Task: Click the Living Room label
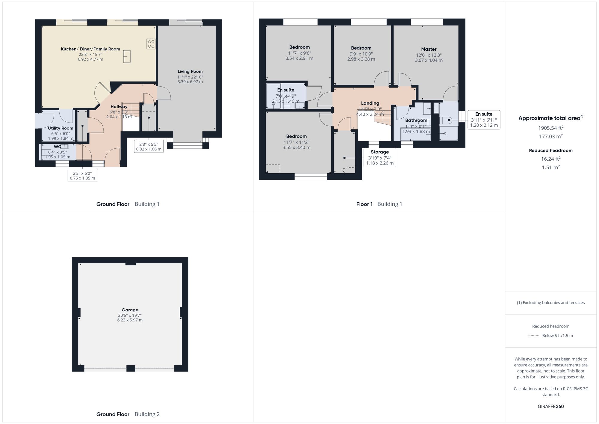point(190,71)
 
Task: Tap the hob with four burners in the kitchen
point(151,44)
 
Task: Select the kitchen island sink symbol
point(127,56)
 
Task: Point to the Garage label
point(130,310)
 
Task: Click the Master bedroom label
point(429,49)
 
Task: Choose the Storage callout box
point(379,158)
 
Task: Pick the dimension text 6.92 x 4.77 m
point(90,59)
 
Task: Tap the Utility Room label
point(60,128)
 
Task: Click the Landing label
point(370,103)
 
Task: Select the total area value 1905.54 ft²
point(550,128)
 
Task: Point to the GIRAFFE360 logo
point(550,406)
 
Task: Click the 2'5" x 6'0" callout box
point(82,176)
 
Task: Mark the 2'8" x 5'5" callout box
point(149,147)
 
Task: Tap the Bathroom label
point(416,120)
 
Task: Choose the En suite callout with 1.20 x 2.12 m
point(484,120)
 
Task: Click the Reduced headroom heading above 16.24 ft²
point(550,150)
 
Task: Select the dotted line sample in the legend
point(534,336)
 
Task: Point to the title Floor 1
point(364,204)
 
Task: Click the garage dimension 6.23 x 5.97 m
point(130,320)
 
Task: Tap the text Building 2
point(147,414)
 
